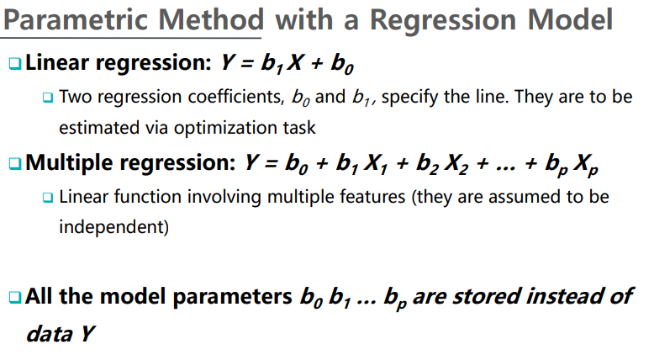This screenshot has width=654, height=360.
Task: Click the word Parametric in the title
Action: pos(76,19)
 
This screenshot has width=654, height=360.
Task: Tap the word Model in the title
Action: pos(570,19)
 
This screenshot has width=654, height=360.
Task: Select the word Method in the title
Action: pos(211,19)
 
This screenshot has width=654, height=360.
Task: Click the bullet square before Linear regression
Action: pos(15,63)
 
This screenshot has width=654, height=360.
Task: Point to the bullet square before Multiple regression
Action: pos(15,163)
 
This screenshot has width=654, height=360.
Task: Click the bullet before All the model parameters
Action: pos(15,298)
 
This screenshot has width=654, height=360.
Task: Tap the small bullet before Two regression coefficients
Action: pos(48,98)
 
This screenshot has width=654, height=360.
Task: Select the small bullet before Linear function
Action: pos(48,198)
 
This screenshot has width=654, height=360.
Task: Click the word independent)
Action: pos(113,227)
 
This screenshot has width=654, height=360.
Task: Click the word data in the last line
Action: pos(50,334)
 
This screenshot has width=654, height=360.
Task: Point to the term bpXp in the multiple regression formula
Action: pos(572,164)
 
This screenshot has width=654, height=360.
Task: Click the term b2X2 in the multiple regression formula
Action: pos(441,163)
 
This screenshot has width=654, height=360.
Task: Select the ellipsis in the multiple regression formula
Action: pos(506,169)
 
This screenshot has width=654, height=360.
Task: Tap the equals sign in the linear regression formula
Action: pos(247,64)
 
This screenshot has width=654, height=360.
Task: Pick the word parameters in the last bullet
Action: pos(232,297)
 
